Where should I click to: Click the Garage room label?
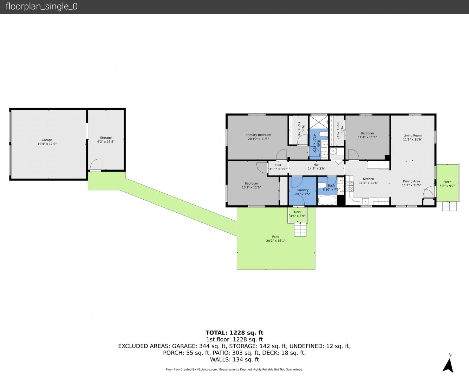[x=47, y=140]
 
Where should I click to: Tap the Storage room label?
[x=106, y=138]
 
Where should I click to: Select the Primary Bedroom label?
[x=258, y=135]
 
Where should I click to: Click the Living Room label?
[x=412, y=135]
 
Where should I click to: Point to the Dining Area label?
[x=411, y=181]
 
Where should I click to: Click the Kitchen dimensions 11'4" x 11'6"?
[x=369, y=183]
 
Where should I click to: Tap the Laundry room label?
[x=302, y=190]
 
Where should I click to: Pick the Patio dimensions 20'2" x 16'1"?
[x=275, y=241]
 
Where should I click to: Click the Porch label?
[x=447, y=182]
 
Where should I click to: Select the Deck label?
[x=298, y=212]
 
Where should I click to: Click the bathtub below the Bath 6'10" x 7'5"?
[x=327, y=200]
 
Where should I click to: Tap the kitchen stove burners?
[x=350, y=186]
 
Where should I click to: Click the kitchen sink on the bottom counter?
[x=365, y=201]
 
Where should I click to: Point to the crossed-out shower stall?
[x=319, y=122]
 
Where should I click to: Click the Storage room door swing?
[x=96, y=165]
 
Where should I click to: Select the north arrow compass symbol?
[x=448, y=366]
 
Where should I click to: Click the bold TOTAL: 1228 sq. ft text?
[x=234, y=333]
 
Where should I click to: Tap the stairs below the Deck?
[x=300, y=229]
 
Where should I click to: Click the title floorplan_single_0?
[x=41, y=7]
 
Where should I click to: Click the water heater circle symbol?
[x=333, y=151]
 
